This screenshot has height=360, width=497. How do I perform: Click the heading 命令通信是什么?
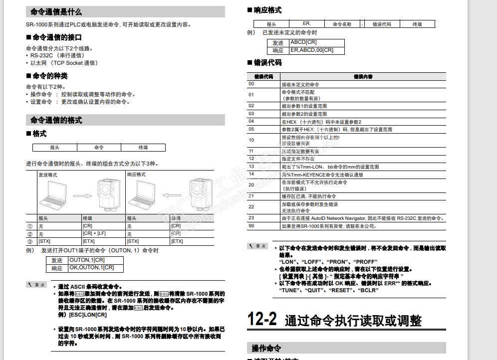(56, 11)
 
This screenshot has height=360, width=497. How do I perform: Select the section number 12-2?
(262, 320)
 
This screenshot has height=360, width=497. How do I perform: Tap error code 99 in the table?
(251, 226)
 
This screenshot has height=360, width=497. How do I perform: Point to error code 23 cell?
(251, 218)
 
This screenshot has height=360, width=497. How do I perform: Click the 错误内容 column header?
(363, 77)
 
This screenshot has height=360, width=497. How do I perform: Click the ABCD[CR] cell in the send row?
(303, 42)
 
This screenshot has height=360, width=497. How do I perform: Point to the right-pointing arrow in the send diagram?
(83, 196)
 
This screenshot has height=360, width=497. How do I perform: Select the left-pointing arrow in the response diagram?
(172, 196)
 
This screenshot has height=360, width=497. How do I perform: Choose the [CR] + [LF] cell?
(94, 233)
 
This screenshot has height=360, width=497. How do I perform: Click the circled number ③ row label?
(30, 241)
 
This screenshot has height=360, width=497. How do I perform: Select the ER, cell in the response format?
(307, 23)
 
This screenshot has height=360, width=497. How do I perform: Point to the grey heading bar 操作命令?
(267, 348)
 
